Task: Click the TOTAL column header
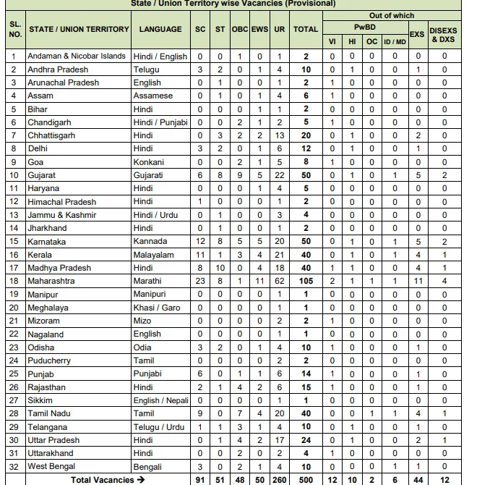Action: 306,30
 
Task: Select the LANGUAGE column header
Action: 160,30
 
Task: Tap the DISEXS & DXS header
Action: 444,34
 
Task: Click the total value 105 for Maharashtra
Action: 306,281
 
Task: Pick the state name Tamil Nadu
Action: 49,413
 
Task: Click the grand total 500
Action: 306,479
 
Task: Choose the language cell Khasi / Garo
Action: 157,308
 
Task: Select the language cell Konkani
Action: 149,162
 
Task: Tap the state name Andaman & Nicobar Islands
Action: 77,56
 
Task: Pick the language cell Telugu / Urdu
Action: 159,427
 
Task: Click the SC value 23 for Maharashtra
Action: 200,281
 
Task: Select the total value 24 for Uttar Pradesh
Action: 306,440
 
